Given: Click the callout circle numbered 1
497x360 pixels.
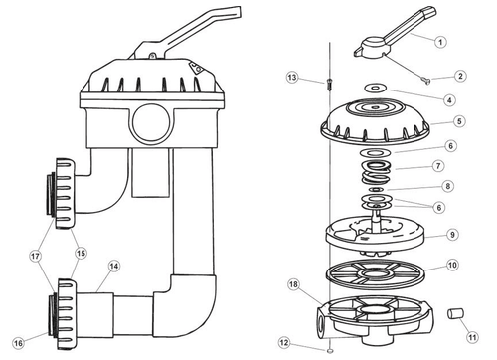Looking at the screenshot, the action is click(x=440, y=42).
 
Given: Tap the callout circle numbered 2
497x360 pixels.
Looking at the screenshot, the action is click(x=460, y=76).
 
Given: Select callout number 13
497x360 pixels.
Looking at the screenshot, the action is click(x=292, y=78).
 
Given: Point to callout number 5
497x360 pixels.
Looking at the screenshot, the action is click(x=459, y=121).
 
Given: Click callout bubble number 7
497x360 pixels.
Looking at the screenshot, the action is click(x=438, y=166).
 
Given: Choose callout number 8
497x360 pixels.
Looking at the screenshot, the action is click(x=448, y=186).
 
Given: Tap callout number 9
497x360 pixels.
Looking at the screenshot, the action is click(x=452, y=235).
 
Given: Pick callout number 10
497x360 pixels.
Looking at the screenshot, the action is click(x=452, y=265).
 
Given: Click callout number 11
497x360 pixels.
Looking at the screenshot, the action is click(x=472, y=337).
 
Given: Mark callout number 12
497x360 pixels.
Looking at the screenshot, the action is click(x=284, y=342).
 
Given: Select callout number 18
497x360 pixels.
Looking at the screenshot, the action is click(x=293, y=284).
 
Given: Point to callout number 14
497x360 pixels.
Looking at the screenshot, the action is click(x=114, y=267).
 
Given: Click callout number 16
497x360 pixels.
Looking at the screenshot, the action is click(x=18, y=343).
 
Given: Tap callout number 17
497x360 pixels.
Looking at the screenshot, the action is click(x=35, y=256).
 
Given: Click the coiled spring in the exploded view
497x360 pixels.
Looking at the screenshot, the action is click(x=376, y=172).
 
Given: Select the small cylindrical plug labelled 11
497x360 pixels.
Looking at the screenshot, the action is click(x=455, y=313).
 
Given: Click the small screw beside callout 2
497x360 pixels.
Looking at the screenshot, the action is click(x=426, y=80).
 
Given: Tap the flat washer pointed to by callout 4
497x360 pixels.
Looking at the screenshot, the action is click(x=375, y=89).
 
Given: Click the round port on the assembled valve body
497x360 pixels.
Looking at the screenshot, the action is click(x=151, y=123).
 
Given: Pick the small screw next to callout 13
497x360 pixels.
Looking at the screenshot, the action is click(x=329, y=84).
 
